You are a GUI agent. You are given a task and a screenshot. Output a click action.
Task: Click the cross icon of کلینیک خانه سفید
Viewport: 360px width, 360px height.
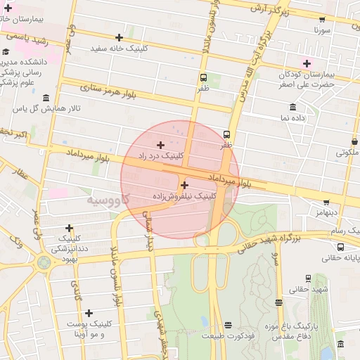coord(119,37)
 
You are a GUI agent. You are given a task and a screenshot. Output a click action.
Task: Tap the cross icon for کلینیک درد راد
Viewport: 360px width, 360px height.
coord(161,144)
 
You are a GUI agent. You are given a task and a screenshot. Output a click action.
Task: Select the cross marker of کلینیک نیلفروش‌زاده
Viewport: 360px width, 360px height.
coord(185,185)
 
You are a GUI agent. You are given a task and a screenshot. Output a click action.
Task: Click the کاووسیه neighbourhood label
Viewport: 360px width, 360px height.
coord(106,200)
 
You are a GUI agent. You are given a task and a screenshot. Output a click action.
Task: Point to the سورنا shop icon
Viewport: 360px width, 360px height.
coord(322,20)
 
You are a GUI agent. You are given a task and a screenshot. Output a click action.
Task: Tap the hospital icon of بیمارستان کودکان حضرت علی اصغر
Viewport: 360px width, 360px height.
coord(307,63)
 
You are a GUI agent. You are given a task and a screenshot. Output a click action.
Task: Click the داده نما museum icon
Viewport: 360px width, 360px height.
coord(292,107)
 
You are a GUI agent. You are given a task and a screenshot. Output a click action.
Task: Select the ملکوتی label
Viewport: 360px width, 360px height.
coord(347,152)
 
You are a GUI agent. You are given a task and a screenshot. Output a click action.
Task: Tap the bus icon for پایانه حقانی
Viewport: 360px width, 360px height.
coord(341,247)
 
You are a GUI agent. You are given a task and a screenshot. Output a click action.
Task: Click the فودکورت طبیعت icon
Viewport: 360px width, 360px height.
coord(228,325)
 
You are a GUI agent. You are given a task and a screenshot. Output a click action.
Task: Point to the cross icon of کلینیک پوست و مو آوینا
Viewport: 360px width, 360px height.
coord(89,313)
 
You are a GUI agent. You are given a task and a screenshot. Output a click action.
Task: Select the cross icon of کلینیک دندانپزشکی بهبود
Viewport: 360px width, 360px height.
coord(69,228)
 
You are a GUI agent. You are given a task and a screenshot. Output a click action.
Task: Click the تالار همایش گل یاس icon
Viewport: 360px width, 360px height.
coord(46,98)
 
